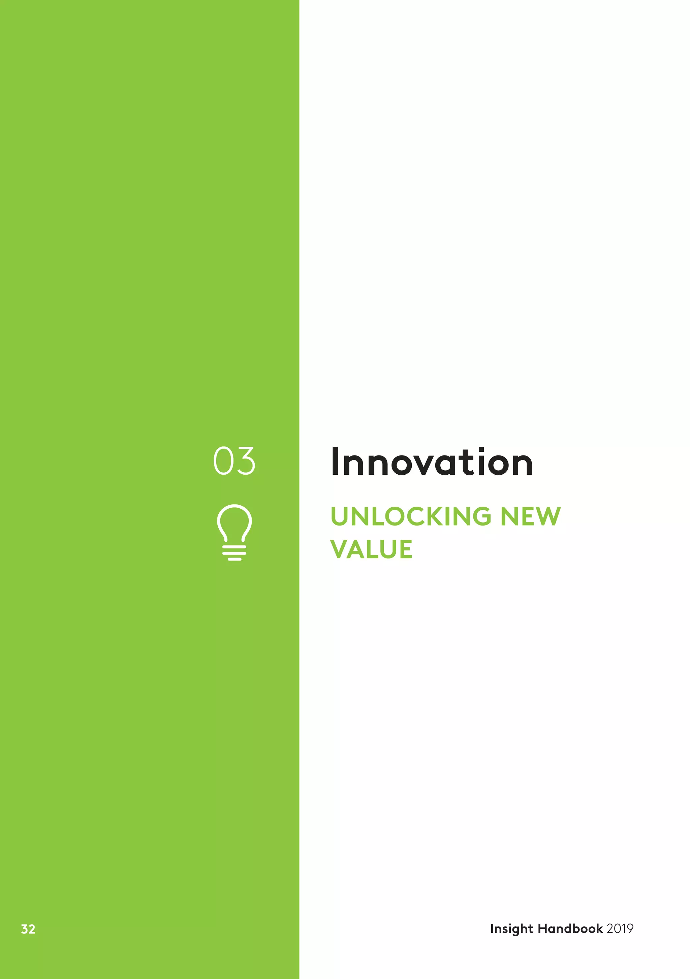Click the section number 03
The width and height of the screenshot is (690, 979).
pyautogui.click(x=234, y=461)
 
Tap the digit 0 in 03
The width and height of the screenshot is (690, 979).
pyautogui.click(x=223, y=461)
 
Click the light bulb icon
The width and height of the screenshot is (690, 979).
pyautogui.click(x=234, y=532)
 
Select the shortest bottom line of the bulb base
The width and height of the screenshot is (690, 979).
pyautogui.click(x=234, y=559)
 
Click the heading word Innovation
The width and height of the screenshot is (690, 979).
pyautogui.click(x=432, y=462)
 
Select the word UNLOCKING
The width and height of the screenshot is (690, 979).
pyautogui.click(x=411, y=516)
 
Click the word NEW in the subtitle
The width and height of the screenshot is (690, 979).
pyautogui.click(x=531, y=516)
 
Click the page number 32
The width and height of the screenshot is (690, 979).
pyautogui.click(x=28, y=929)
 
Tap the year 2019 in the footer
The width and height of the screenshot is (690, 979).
pyautogui.click(x=620, y=929)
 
